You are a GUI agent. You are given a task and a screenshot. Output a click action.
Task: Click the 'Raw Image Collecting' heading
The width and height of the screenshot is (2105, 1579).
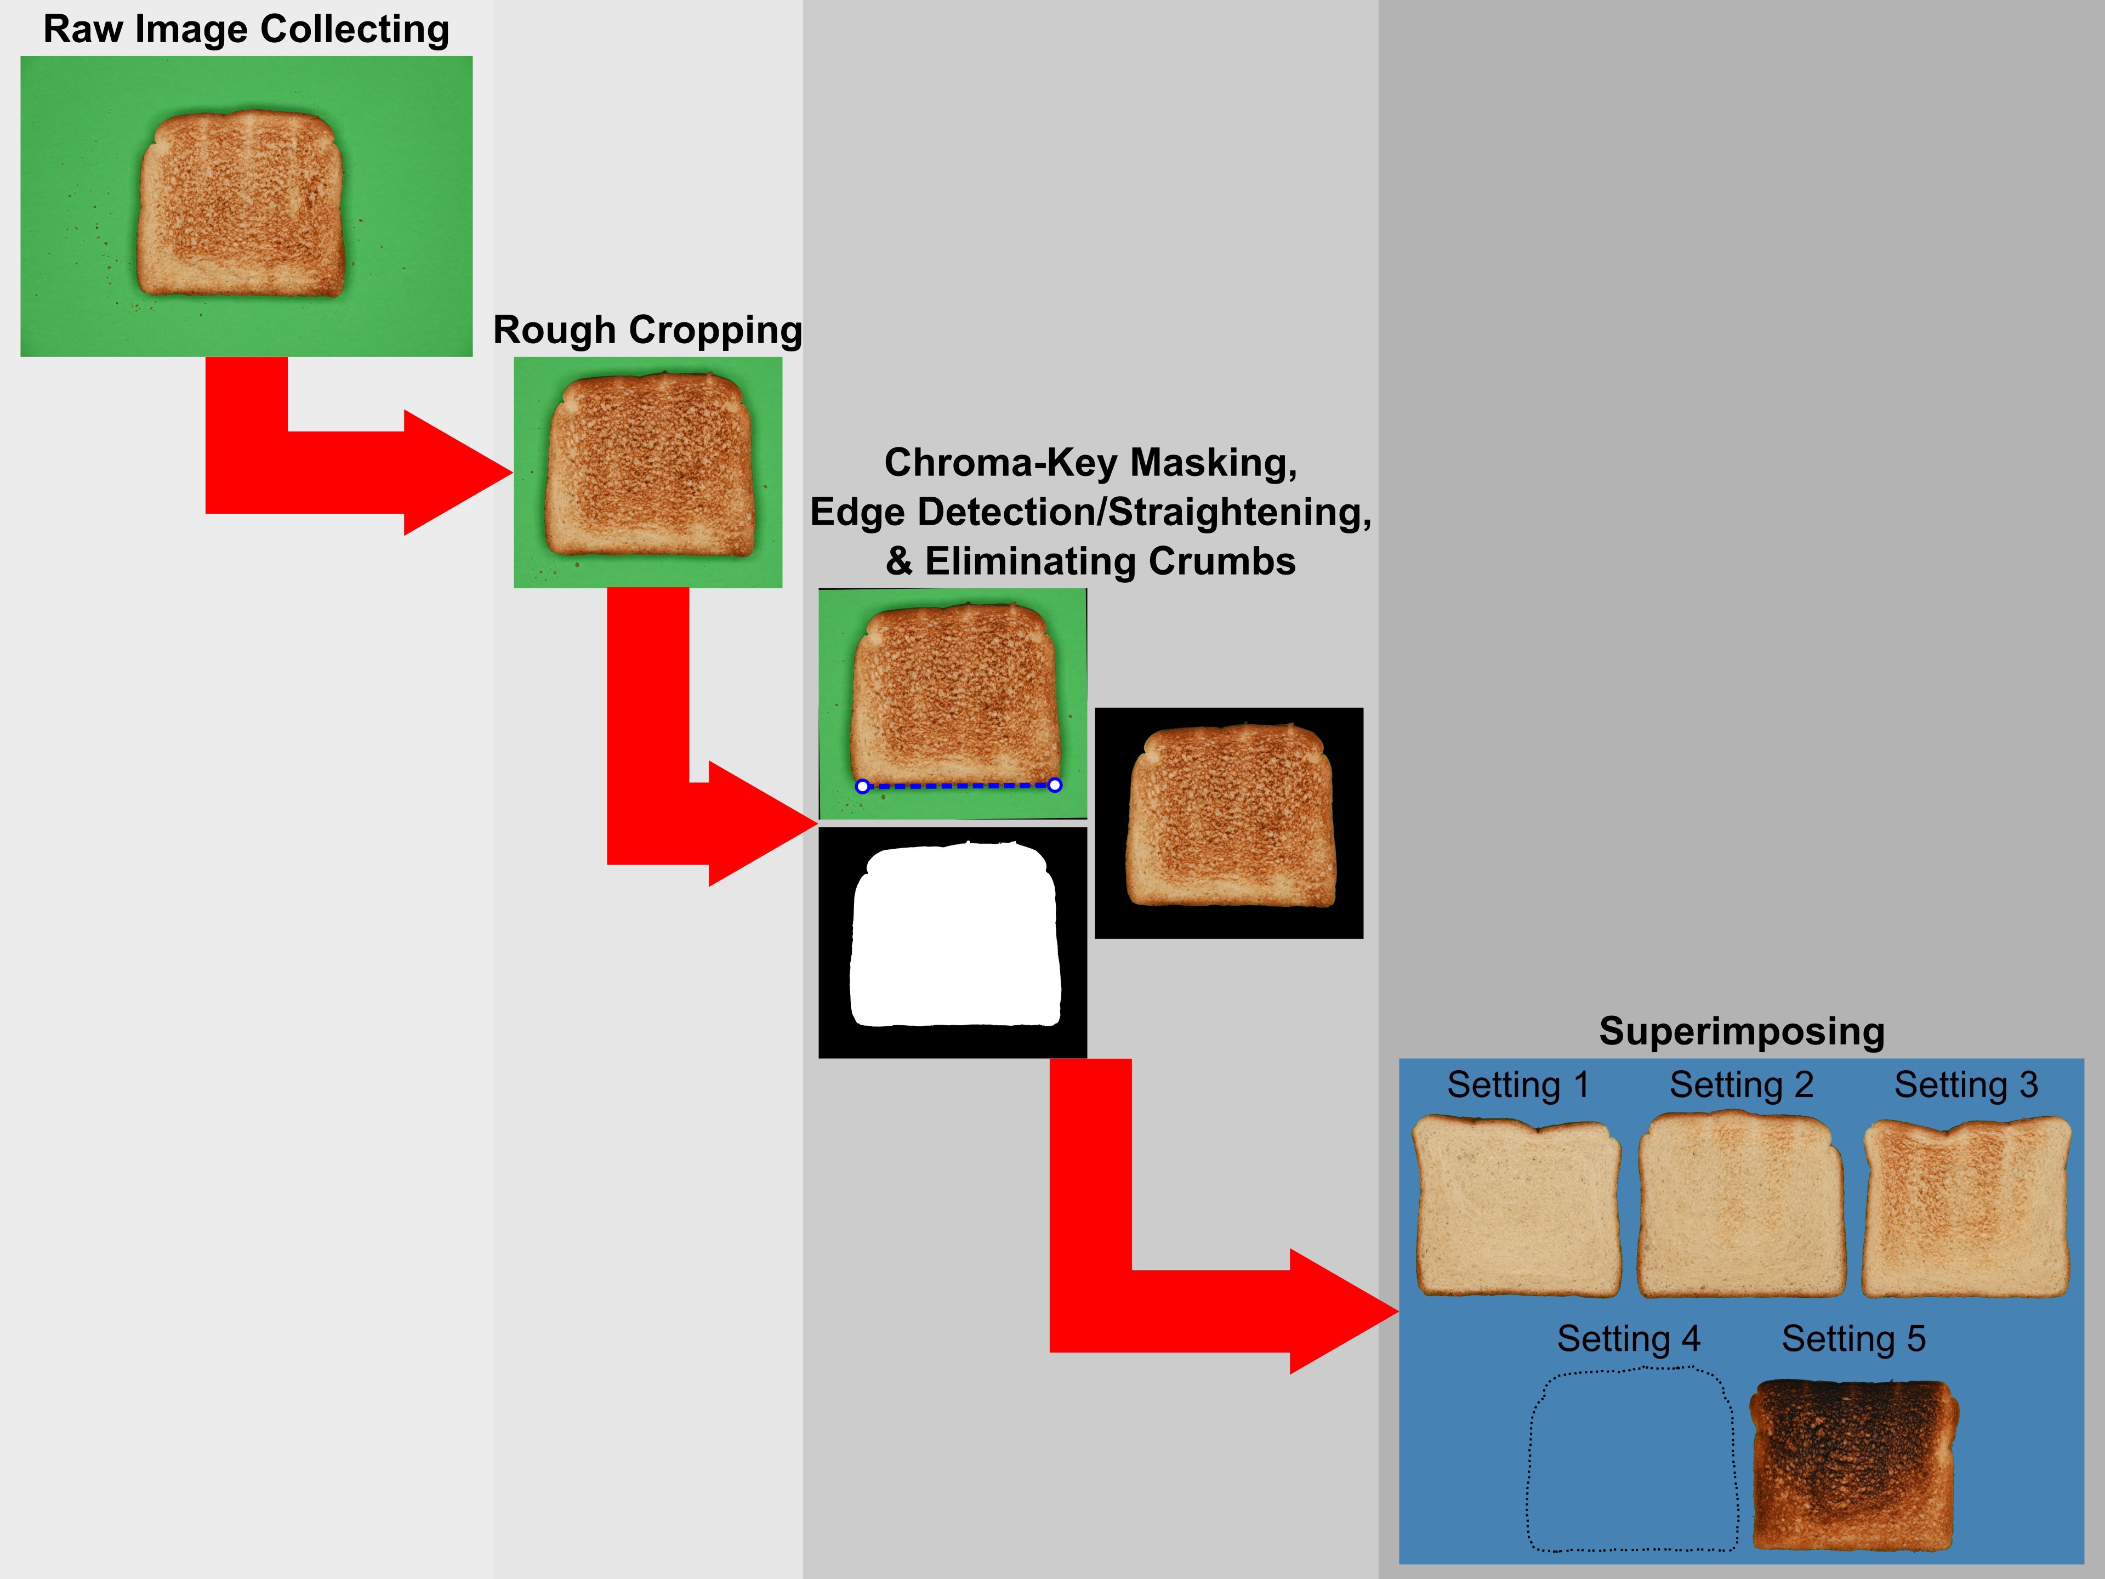point(247,30)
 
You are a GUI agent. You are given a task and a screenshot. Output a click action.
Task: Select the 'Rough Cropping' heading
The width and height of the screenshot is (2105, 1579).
point(647,330)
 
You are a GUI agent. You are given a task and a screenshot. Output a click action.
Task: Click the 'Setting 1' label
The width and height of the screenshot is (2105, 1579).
point(1518,1085)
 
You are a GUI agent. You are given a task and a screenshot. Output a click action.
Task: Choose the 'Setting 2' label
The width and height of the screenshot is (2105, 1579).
point(1742,1085)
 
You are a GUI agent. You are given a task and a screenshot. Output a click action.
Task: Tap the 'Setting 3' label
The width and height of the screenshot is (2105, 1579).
point(1966,1085)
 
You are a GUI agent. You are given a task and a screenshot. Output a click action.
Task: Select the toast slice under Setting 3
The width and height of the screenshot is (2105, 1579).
point(1966,1209)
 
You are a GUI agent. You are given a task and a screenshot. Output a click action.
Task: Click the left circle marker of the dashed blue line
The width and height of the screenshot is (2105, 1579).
point(862,786)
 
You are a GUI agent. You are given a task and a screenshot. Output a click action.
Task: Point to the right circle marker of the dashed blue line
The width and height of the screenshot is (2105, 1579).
point(1054,785)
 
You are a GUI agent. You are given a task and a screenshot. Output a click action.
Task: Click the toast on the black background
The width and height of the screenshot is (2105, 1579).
point(1231,816)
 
